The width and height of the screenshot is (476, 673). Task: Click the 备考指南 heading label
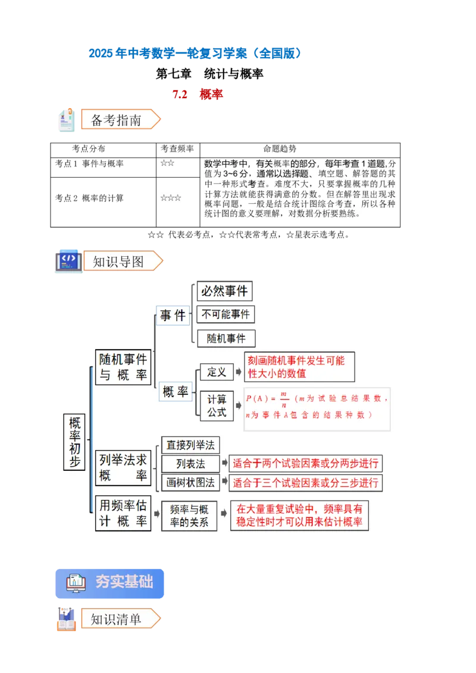tap(117, 119)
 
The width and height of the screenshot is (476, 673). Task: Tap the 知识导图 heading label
tap(118, 262)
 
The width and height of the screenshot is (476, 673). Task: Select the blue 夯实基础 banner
tap(109, 582)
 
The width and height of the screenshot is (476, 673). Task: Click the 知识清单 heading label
tap(117, 619)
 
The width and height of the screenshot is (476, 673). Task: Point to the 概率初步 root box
tap(75, 442)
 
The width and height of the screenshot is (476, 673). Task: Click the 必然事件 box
tap(224, 291)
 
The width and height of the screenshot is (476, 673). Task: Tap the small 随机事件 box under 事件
tap(226, 338)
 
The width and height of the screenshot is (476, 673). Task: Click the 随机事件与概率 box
tap(123, 367)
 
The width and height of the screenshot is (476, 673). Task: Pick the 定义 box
tap(217, 372)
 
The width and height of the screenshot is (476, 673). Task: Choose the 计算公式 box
tap(217, 405)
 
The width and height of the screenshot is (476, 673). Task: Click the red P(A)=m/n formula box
tap(317, 407)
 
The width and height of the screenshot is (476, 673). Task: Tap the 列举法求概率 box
tap(123, 468)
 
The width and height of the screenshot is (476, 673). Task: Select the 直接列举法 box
tap(190, 445)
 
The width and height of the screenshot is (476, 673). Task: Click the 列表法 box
tap(190, 464)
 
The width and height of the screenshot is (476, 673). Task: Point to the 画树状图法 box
tap(190, 482)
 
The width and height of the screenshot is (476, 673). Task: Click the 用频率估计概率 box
tap(123, 513)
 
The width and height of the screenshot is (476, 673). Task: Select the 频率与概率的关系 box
tap(189, 516)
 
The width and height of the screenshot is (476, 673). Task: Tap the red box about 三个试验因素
tap(305, 482)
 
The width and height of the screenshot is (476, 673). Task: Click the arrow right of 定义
tap(239, 372)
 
